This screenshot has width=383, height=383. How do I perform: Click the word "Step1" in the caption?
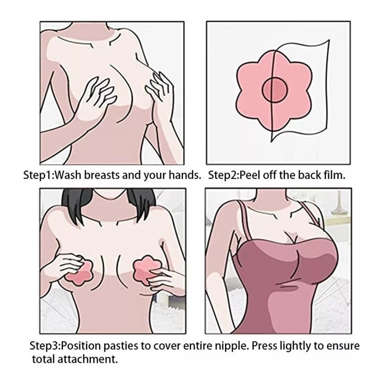click(37, 175)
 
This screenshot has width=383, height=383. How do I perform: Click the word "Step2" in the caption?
click(222, 175)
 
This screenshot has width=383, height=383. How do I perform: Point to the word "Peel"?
click(248, 175)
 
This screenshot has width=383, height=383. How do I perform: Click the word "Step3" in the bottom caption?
click(44, 346)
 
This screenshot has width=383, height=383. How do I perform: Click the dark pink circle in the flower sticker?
click(275, 90)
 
